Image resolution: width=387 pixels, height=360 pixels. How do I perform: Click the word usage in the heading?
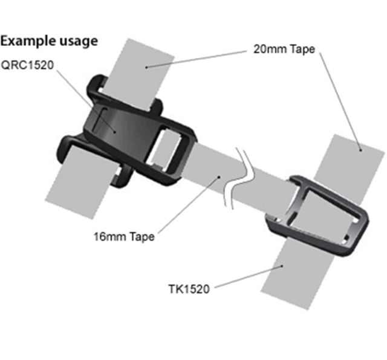(x=79, y=41)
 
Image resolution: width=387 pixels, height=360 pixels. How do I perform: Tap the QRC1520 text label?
(x=27, y=65)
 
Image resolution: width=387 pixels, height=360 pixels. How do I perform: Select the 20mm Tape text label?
(x=284, y=49)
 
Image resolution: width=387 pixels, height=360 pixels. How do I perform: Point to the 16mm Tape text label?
(x=124, y=237)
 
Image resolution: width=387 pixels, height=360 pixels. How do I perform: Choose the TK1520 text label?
(x=189, y=289)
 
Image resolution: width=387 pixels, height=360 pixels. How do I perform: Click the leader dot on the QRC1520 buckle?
(x=115, y=132)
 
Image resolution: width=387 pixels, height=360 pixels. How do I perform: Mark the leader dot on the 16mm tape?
(x=219, y=177)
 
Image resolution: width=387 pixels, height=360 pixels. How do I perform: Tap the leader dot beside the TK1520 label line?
(x=282, y=266)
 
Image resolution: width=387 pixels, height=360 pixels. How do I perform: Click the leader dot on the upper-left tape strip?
(x=146, y=67)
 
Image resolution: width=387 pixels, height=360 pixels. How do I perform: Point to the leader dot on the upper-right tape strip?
(x=360, y=150)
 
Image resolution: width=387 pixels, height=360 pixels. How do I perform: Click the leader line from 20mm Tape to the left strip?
(x=196, y=59)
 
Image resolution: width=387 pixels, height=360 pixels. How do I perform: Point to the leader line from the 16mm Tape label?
(x=188, y=205)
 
